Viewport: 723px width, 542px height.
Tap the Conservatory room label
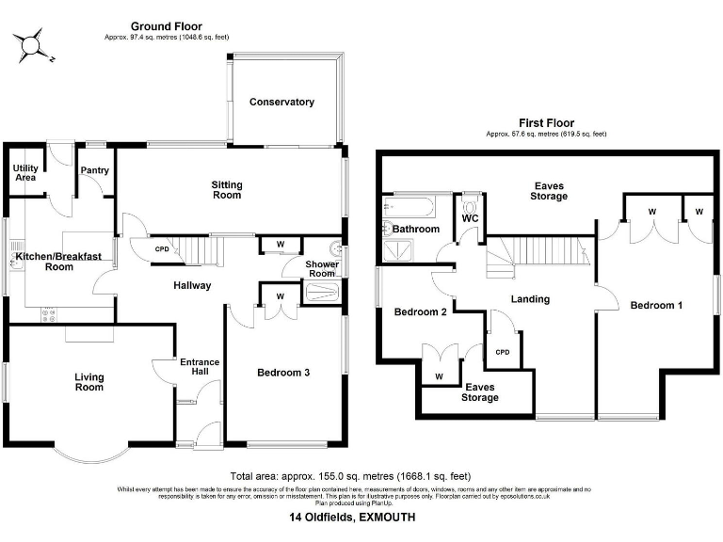281,102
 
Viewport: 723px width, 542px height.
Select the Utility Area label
24,172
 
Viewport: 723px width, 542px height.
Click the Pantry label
95,170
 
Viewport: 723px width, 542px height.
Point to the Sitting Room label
226,190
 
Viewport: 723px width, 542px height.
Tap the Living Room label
89,382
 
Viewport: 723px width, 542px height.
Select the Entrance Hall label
199,367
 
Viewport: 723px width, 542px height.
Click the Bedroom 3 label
283,373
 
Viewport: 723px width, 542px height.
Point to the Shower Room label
321,269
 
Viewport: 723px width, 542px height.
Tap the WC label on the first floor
470,219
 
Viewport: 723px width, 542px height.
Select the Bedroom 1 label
655,305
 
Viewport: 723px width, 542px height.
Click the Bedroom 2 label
419,311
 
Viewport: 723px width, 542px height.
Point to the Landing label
529,299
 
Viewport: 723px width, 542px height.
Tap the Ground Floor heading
166,26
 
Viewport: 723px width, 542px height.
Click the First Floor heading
546,122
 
